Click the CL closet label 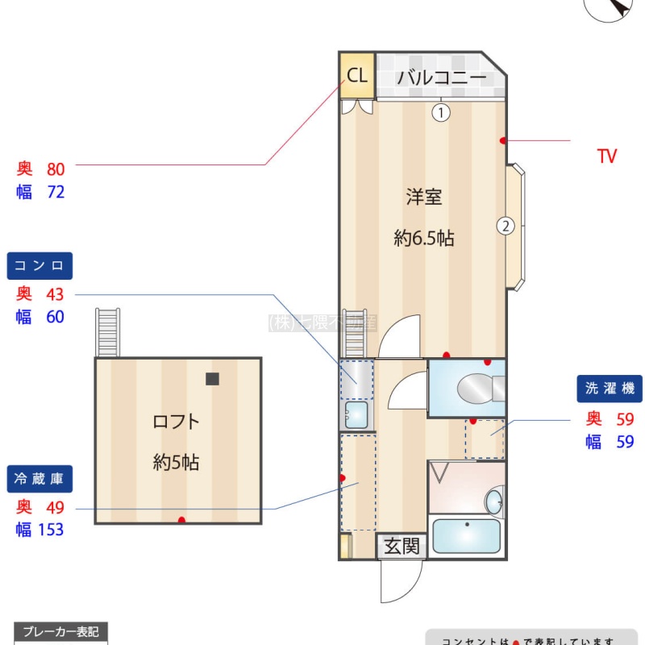357,76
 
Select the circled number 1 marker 440,113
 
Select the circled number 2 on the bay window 505,226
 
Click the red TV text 607,156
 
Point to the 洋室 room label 423,197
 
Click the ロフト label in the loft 176,421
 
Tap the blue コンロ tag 40,265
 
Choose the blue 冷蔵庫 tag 40,479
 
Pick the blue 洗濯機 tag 610,389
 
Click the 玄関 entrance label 402,547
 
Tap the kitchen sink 355,414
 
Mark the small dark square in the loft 212,378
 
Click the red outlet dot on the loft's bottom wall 181,520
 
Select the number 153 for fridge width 51,530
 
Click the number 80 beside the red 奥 56,169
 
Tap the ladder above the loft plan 107,331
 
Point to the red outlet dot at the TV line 503,141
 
